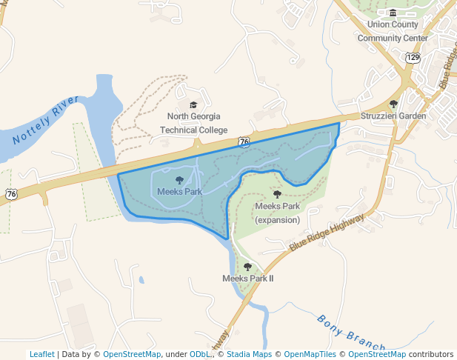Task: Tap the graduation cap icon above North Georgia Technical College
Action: click(x=194, y=105)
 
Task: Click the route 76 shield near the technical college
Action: click(x=244, y=141)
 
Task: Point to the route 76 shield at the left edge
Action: click(x=11, y=193)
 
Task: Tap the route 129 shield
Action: click(x=413, y=57)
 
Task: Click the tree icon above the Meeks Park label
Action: click(x=179, y=179)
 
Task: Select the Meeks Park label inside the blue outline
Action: click(x=179, y=191)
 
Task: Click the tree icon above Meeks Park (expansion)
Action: click(x=277, y=194)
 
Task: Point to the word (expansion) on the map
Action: click(x=277, y=219)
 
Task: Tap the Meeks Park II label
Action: click(x=248, y=278)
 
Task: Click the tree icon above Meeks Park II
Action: click(x=247, y=266)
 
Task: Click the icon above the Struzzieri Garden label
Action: click(x=393, y=104)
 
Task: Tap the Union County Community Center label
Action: click(x=393, y=31)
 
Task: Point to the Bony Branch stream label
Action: click(x=350, y=333)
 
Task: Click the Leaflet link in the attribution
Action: click(x=41, y=354)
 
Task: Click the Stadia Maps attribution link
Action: click(x=248, y=354)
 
